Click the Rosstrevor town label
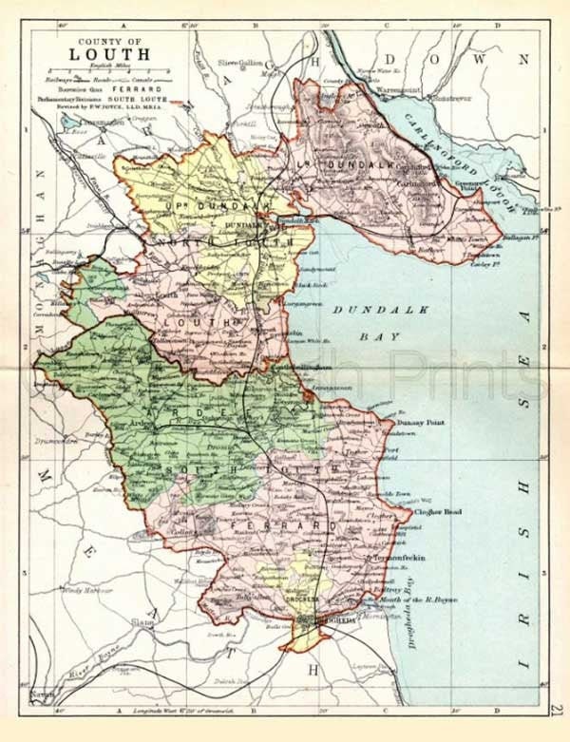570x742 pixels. pyautogui.click(x=446, y=96)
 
